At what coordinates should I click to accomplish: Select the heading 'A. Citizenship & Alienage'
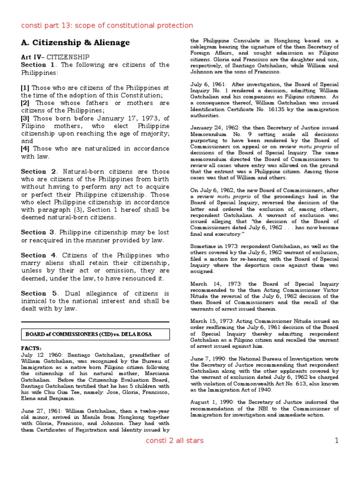pos(75,43)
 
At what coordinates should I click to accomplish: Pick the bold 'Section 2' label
pos(39,172)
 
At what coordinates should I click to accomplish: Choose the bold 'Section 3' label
pos(39,232)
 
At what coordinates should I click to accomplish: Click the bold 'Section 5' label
pos(39,293)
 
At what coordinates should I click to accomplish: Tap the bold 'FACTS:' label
pos(31,349)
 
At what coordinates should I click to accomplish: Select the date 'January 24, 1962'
pos(211,127)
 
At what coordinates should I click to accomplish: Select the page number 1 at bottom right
pos(336,441)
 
